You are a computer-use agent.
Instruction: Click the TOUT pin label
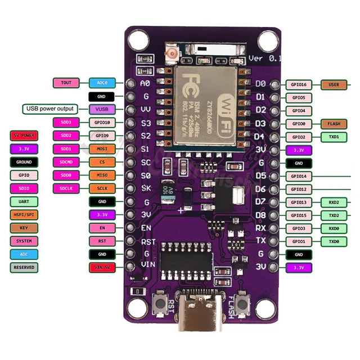pos(66,83)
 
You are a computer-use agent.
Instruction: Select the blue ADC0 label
pos(102,83)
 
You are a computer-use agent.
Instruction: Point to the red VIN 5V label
pos(102,268)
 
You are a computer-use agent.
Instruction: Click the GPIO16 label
pos(298,85)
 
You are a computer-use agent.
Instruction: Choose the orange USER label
pos(334,85)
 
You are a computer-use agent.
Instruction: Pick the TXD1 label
pos(334,137)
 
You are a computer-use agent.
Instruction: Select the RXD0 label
pos(334,228)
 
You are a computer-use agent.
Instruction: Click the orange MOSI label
pos(102,148)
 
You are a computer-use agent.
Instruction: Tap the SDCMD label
pos(66,162)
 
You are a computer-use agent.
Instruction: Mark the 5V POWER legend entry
pos(24,136)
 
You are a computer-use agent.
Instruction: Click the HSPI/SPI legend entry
pos(24,215)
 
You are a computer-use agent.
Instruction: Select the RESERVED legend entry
pos(24,268)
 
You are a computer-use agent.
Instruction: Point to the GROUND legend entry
pos(24,162)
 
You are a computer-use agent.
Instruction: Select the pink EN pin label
pos(102,228)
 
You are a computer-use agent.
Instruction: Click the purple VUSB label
pos(102,109)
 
